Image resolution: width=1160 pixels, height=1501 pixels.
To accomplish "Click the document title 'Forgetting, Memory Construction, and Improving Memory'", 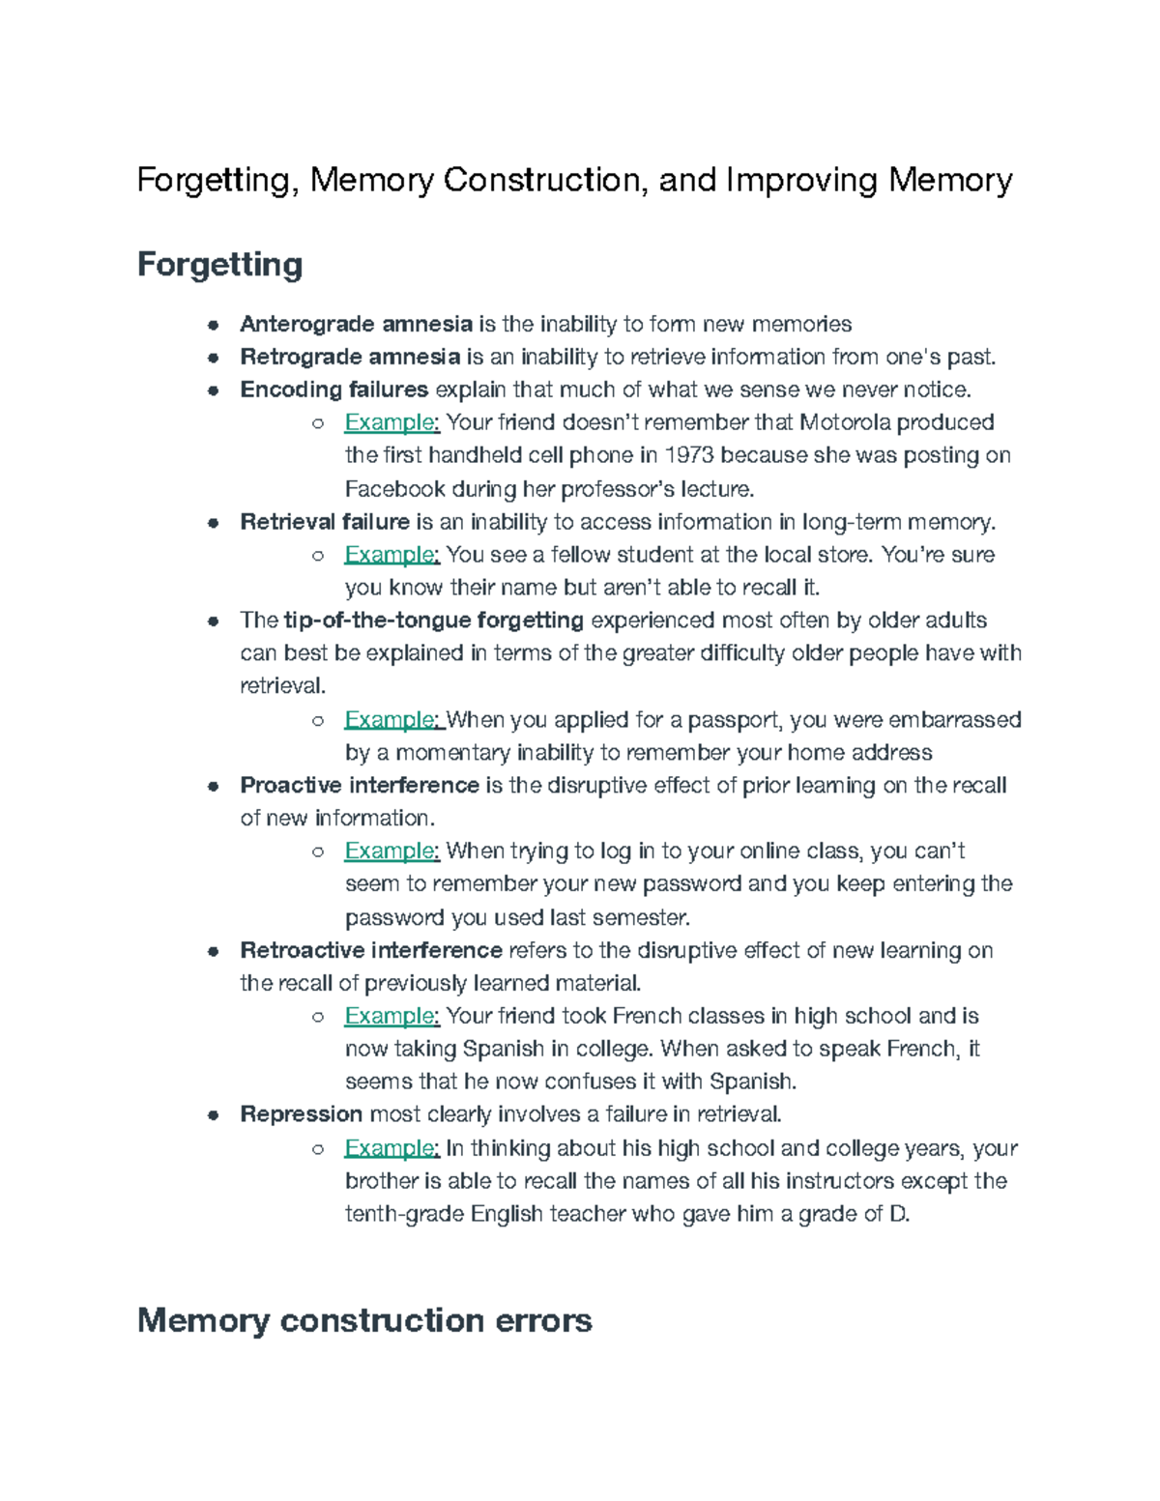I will pos(574,181).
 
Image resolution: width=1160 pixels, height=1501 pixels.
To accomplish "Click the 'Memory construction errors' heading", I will pos(364,1320).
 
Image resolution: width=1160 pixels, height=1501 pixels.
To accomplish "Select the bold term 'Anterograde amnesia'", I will pos(356,324).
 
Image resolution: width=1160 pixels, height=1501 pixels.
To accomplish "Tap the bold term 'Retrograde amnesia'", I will pos(350,357).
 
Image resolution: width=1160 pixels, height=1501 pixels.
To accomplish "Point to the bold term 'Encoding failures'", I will pos(333,390).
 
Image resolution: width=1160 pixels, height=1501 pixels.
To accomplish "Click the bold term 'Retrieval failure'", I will pos(325,522).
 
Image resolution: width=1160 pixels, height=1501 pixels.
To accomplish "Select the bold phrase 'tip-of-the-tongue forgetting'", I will pos(434,621).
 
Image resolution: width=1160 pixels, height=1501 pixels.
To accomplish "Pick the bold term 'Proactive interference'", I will pos(360,785).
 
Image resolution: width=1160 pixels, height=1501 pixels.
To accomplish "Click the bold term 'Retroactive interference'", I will pos(370,950).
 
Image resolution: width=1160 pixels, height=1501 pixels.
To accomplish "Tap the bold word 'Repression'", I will pos(301,1114).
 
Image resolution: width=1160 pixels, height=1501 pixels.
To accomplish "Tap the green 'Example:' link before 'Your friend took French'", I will pos(391,1016).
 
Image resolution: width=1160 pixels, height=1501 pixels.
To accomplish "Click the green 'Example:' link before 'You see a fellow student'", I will pos(391,555).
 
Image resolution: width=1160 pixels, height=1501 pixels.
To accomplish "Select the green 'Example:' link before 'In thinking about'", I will pos(391,1148).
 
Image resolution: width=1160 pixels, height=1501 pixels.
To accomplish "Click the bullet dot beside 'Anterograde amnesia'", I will pos(213,325).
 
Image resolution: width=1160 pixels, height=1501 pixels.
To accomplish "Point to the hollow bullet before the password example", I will pos(316,852).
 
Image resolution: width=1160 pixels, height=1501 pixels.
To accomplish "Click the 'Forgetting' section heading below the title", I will pos(219,264).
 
